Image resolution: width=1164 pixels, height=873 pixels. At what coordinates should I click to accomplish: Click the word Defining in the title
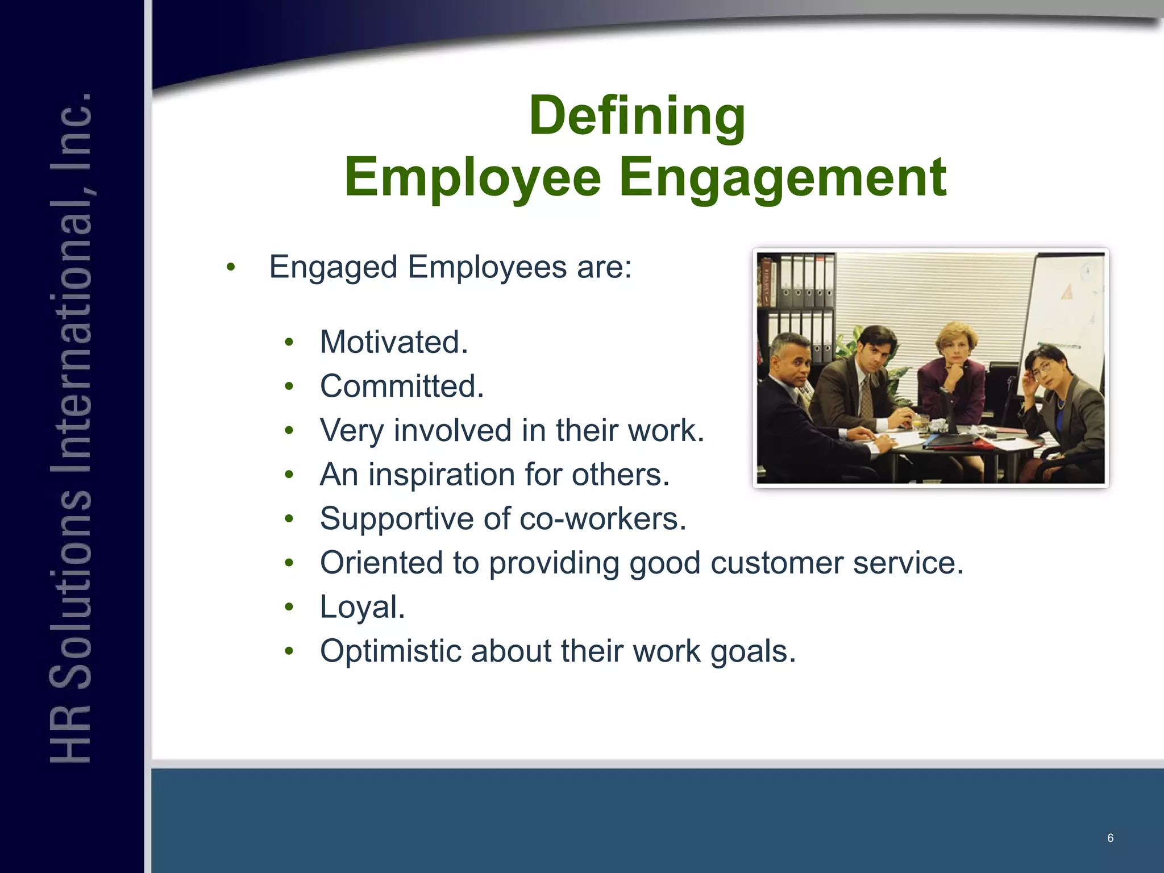click(637, 117)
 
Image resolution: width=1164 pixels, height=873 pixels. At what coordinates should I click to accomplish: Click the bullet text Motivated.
click(394, 342)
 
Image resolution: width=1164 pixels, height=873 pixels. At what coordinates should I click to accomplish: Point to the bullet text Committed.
click(402, 386)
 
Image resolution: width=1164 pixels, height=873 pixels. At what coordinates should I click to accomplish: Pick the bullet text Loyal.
click(363, 607)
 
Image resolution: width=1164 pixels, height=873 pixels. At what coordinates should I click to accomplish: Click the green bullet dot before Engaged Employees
click(230, 267)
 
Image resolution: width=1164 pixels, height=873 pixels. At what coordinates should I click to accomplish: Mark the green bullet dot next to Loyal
click(289, 607)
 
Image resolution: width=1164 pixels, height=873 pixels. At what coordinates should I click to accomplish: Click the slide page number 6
click(1110, 838)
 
